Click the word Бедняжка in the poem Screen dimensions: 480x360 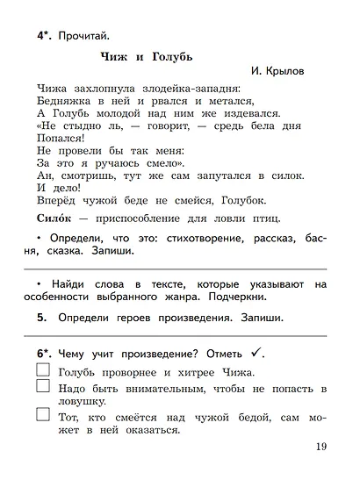pyautogui.click(x=66, y=101)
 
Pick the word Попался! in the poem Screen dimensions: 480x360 pyautogui.click(x=62, y=138)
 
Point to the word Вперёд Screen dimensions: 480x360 pyautogui.click(x=59, y=199)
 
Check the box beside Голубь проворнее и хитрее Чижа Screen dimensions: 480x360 pyautogui.click(x=43, y=371)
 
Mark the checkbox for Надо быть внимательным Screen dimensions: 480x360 pyautogui.click(x=43, y=389)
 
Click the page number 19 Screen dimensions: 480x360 pyautogui.click(x=320, y=448)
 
